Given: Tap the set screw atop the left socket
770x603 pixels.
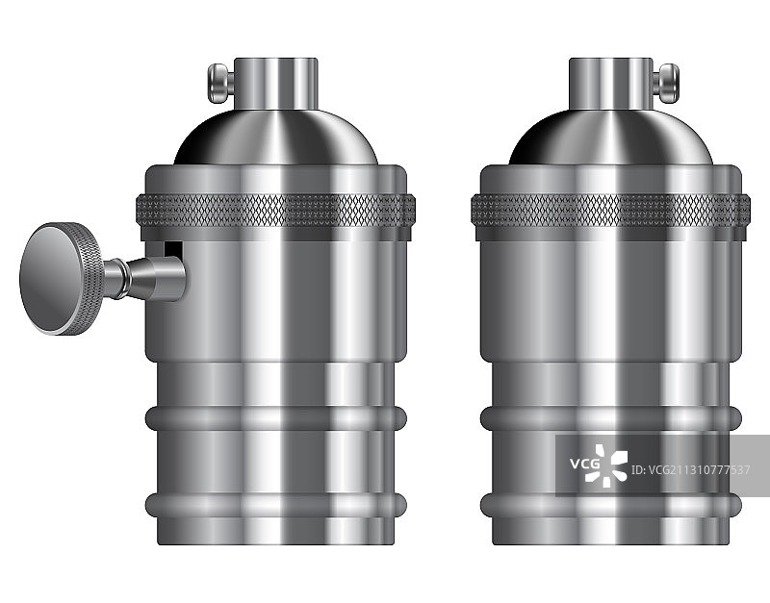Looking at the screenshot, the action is coord(221,84).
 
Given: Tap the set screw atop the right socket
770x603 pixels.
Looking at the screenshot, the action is coord(666,84).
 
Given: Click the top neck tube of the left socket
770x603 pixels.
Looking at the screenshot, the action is coord(276,84).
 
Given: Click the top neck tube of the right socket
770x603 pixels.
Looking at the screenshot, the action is coord(611,84).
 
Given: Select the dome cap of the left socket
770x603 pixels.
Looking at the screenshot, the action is coord(276,138).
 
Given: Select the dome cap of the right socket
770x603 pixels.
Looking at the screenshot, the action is coord(611,138).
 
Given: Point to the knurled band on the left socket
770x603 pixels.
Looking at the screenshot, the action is coord(275,210).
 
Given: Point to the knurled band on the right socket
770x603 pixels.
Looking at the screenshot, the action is coord(610,210).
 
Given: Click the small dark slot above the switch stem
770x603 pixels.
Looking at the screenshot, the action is coord(172,249).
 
